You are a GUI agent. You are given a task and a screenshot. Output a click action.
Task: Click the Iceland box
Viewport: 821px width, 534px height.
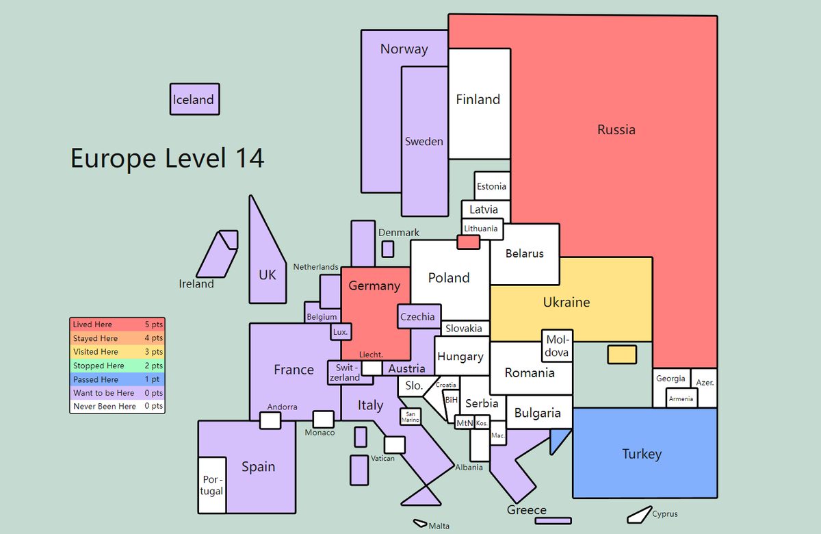pos(194,99)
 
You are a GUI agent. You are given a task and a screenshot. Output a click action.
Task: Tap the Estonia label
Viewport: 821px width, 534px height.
pos(491,186)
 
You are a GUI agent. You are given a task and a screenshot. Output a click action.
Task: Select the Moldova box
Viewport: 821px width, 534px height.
pos(557,346)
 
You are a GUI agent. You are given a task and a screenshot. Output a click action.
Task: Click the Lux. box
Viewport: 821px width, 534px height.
pos(341,331)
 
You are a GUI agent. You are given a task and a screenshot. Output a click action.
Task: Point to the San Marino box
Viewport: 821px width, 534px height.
pos(410,417)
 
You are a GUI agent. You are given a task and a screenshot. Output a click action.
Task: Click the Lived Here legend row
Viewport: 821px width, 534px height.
pos(117,325)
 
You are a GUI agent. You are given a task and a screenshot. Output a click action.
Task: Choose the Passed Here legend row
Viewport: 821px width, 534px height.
pos(117,379)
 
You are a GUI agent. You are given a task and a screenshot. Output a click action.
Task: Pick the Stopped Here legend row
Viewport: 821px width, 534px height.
pos(117,366)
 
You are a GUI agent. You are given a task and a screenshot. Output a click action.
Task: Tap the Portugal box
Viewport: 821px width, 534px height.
pos(212,485)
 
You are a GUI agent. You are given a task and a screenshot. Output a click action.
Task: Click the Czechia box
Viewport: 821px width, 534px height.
pos(419,316)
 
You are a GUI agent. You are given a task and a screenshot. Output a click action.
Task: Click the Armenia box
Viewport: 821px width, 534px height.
pos(681,398)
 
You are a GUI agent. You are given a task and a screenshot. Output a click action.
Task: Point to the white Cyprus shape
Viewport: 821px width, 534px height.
pos(640,515)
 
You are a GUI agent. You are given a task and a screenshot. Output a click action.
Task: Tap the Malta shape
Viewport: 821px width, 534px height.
pos(420,523)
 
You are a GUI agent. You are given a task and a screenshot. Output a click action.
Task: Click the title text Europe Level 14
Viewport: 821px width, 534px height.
pos(167,158)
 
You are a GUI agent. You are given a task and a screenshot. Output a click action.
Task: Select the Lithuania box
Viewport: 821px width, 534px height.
pos(482,229)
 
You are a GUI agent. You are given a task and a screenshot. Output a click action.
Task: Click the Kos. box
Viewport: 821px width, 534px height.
pos(482,423)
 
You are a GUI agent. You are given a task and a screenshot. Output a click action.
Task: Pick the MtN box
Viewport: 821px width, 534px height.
pos(465,422)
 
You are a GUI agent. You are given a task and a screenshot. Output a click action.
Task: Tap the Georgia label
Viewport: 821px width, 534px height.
pos(670,379)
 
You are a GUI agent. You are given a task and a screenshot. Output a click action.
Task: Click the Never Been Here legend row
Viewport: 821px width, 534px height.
pos(117,407)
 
